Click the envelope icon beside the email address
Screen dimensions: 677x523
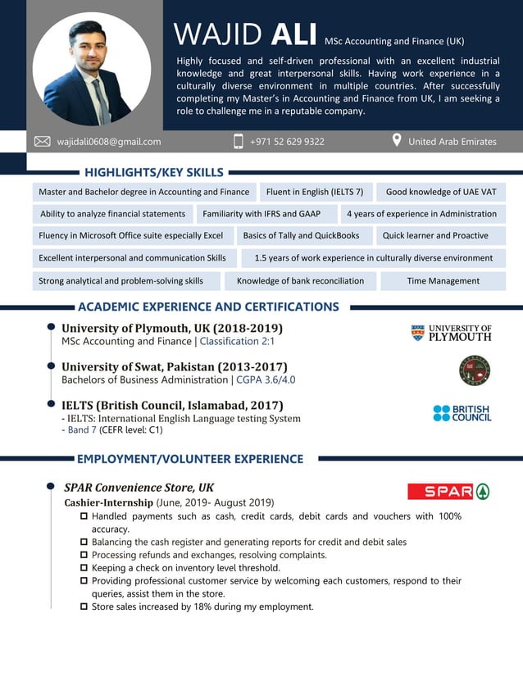pos(42,142)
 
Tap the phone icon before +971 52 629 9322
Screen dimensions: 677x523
pos(239,142)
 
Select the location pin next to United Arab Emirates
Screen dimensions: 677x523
pos(397,141)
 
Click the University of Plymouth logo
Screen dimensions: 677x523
pos(451,332)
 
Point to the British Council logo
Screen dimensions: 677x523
pos(462,413)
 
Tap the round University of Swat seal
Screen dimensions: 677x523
pos(475,370)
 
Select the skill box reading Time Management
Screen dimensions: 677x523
pos(443,281)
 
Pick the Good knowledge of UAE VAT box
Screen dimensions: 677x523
pos(441,192)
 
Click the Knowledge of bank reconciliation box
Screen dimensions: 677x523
pos(300,281)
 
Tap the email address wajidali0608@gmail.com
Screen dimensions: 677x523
pos(109,142)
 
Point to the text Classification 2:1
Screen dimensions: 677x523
pos(237,342)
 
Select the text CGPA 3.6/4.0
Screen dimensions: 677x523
pos(266,380)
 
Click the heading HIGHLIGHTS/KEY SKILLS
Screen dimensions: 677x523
pos(153,172)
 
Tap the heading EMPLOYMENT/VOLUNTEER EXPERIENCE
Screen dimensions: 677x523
pos(190,459)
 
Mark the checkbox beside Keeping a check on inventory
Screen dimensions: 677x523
pos(84,567)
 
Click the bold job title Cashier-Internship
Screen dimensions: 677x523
pos(108,502)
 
